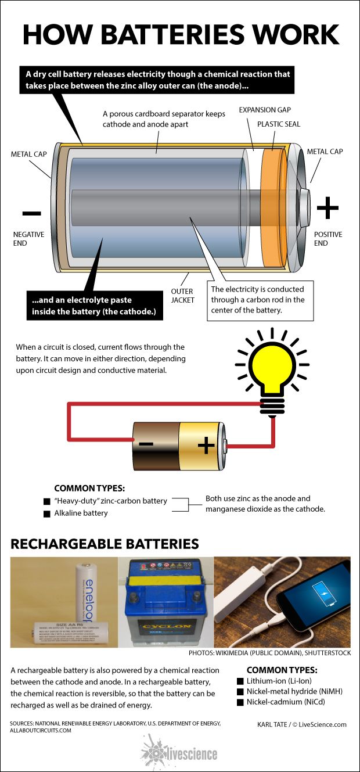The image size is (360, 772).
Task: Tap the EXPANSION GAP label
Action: (x=265, y=109)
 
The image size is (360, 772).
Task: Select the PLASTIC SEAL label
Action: (x=279, y=124)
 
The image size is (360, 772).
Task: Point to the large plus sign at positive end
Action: (x=327, y=207)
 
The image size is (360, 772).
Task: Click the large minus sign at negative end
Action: (x=31, y=213)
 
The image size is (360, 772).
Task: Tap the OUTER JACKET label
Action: (x=182, y=296)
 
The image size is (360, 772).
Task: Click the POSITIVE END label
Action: (x=328, y=239)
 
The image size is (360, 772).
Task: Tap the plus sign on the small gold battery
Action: (x=206, y=446)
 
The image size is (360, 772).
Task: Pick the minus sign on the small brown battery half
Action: (x=146, y=445)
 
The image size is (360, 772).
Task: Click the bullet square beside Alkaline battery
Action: (x=47, y=514)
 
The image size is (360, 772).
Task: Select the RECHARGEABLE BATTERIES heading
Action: (x=105, y=544)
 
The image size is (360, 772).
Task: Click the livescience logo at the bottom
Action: (x=179, y=753)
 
